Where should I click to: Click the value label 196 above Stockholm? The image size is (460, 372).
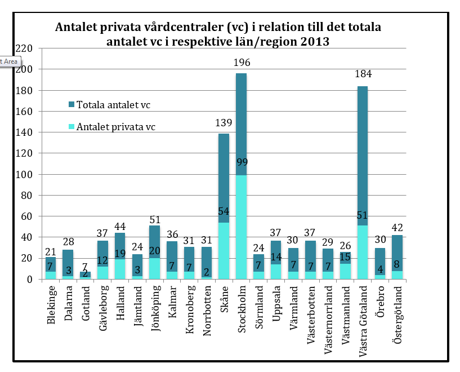pos(242,63)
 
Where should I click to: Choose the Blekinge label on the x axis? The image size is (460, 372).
pos(50,306)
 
